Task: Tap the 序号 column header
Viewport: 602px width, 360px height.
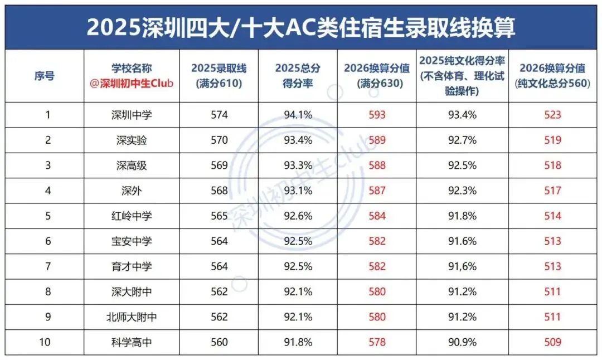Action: tap(45, 76)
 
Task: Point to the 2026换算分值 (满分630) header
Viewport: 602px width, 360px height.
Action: tap(377, 76)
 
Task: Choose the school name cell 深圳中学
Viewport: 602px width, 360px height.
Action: tap(132, 115)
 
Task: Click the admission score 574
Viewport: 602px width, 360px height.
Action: tap(219, 115)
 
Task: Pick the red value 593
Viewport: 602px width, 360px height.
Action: tap(377, 115)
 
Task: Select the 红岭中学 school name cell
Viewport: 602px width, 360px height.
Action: tap(132, 216)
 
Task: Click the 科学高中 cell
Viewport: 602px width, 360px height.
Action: tap(132, 342)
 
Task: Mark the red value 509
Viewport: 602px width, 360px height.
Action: tap(552, 342)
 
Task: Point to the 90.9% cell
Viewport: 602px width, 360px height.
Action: tap(463, 342)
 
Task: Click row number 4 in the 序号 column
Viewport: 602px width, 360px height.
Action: tap(48, 191)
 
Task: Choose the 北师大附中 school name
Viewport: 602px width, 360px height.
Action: tap(132, 317)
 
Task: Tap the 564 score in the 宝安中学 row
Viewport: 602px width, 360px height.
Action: tap(219, 241)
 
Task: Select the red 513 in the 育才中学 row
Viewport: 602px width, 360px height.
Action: tap(552, 266)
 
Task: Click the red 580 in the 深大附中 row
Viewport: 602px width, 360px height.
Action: tap(377, 291)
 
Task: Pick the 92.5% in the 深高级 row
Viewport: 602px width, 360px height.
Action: tap(463, 166)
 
